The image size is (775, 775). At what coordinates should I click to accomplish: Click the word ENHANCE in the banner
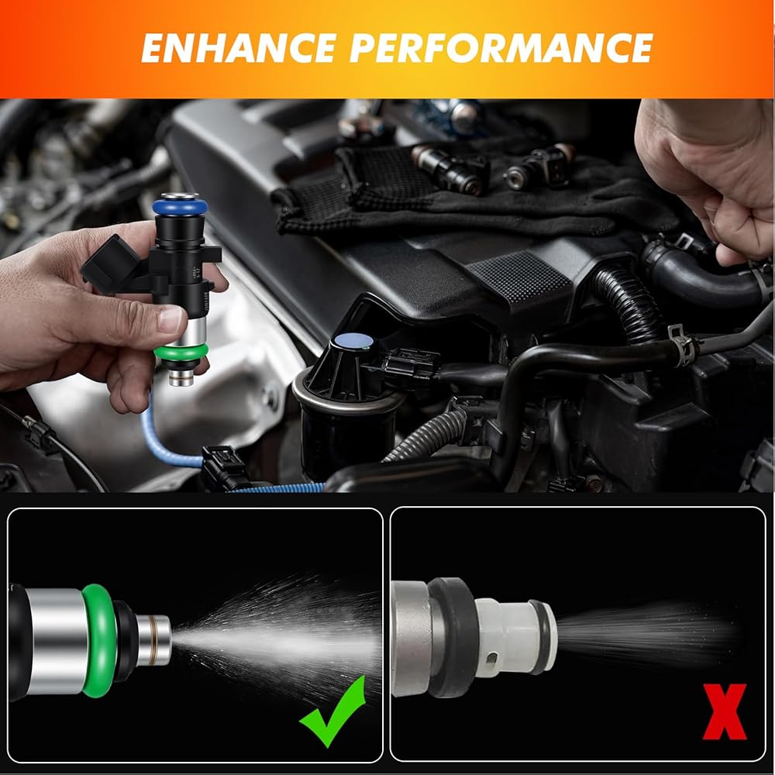point(239,48)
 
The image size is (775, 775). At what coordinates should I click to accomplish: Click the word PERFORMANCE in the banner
point(501,48)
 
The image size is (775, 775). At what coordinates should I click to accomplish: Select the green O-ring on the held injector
point(181,351)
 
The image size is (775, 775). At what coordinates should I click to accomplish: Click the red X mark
point(725,711)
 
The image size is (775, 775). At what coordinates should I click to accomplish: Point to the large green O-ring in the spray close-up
point(99,641)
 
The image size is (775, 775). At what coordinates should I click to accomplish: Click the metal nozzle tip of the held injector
point(181,377)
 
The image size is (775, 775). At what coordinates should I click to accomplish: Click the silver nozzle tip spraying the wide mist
point(153,640)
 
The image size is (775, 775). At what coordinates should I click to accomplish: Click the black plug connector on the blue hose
point(224,467)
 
